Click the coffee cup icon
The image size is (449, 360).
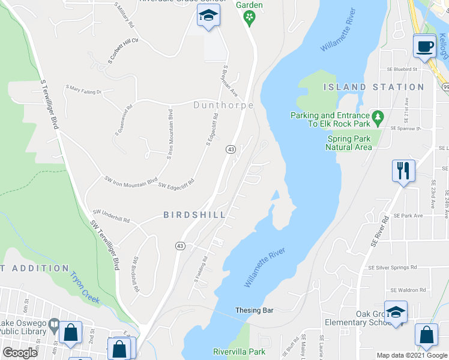425,46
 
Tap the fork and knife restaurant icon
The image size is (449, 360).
403,170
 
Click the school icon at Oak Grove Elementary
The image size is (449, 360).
396,312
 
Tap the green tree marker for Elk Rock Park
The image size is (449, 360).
378,116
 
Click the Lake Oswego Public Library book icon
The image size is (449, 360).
54,326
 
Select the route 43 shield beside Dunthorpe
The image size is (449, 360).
230,149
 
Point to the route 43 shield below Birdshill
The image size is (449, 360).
179,246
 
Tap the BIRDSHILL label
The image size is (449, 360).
194,215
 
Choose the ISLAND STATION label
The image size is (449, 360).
373,87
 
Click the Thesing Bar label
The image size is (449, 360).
255,310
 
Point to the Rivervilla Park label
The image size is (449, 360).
239,351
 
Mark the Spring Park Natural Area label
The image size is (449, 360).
349,142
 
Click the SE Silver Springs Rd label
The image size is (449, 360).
392,267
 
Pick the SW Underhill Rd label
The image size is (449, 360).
111,216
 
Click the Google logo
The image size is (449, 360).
20,352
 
